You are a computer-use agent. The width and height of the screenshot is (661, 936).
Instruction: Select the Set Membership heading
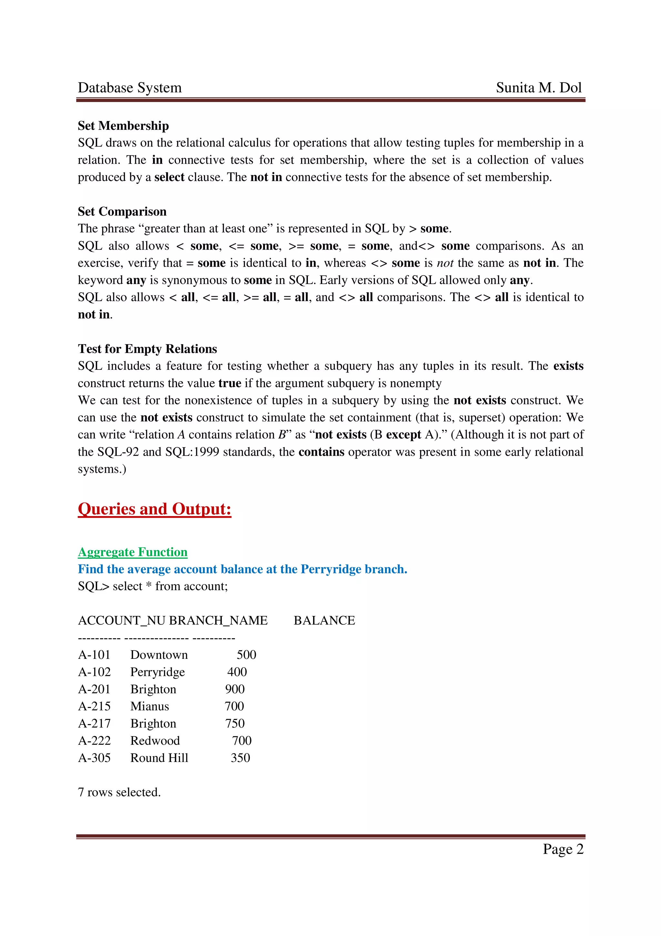123,126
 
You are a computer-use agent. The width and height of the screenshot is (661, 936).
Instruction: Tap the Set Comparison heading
122,212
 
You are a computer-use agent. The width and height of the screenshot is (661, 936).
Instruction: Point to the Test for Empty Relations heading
147,349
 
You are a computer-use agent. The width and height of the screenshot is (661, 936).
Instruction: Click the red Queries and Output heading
154,509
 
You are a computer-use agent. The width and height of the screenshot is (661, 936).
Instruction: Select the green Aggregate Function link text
132,552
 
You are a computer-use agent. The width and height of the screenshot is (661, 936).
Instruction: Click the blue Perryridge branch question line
242,569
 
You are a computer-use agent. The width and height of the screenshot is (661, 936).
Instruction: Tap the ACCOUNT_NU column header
121,620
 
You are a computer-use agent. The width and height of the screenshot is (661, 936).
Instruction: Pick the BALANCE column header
324,620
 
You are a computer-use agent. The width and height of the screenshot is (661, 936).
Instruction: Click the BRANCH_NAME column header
218,620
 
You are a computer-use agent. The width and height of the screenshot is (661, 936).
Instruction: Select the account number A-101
94,655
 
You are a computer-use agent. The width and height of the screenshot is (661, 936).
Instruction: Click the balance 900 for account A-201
235,689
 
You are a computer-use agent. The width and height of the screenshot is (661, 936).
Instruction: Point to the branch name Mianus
149,706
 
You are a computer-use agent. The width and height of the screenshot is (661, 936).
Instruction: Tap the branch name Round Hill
159,757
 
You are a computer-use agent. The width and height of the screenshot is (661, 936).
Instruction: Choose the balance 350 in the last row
240,757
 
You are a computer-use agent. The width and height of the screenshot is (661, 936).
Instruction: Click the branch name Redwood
155,740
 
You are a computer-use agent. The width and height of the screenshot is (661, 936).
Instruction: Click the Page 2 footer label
563,849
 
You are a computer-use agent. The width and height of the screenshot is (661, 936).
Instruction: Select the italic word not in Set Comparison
445,263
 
